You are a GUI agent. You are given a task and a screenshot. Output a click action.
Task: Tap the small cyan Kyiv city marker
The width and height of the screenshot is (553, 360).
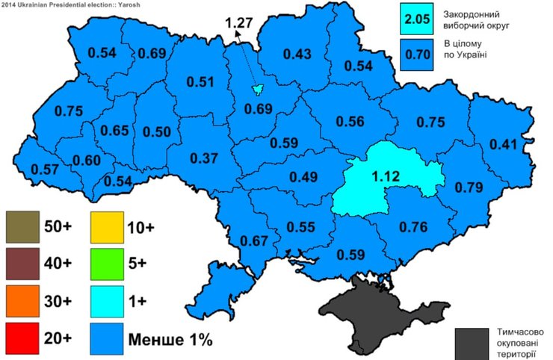pos(258,90)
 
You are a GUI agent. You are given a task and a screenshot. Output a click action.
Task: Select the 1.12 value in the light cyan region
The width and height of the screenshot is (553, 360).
pos(386,178)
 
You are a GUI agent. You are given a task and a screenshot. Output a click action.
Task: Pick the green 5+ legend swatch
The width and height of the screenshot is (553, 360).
pos(109,264)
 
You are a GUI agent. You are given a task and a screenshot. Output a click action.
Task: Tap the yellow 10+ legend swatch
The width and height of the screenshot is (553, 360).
pos(109,226)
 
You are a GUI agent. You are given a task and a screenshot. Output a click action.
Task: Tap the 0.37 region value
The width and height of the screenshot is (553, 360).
pos(203,158)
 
